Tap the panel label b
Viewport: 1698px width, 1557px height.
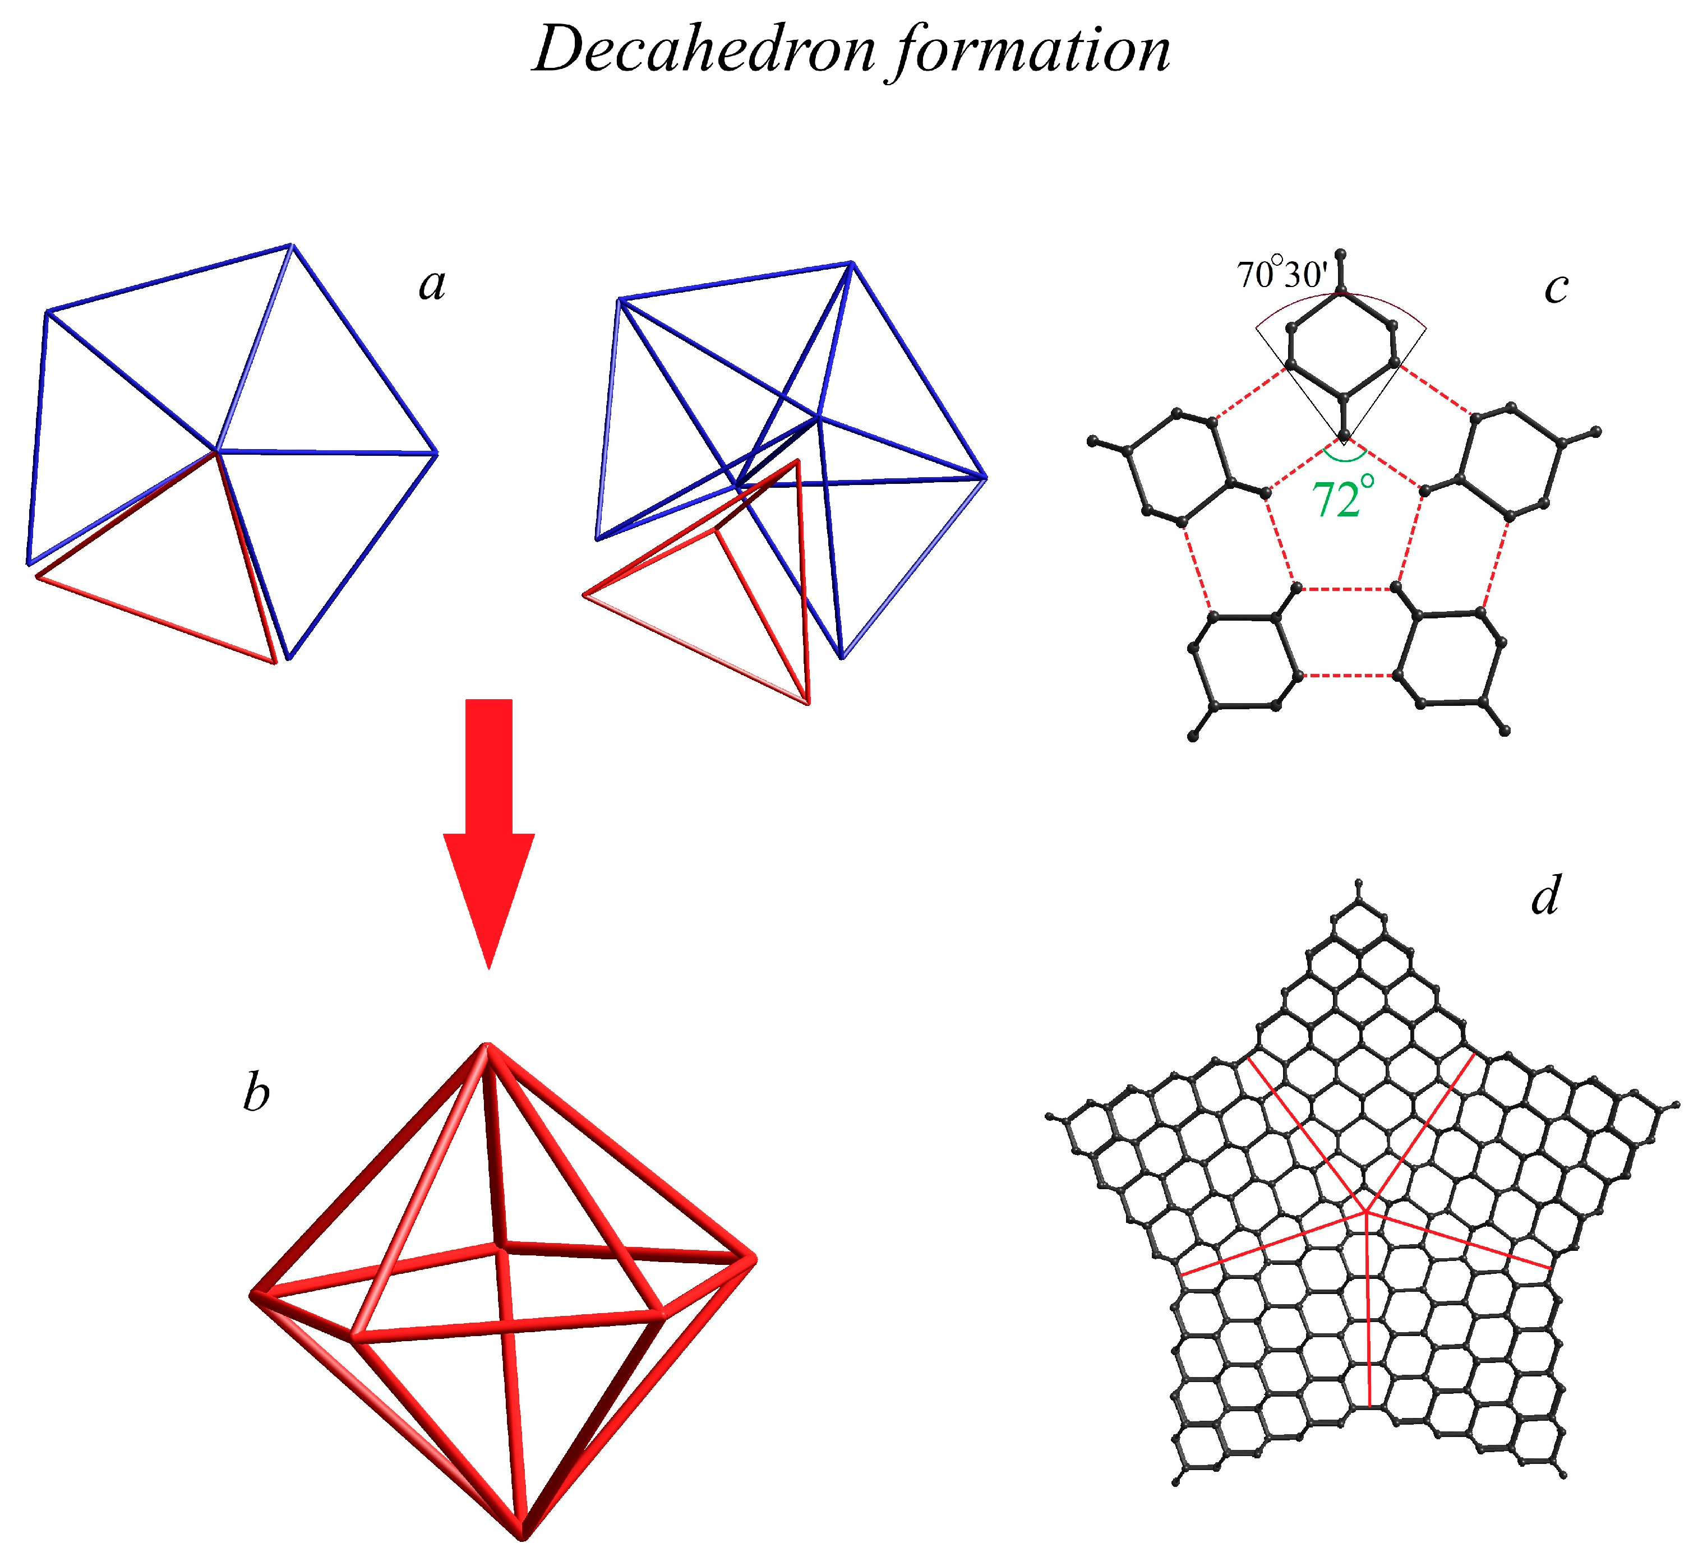[256, 1094]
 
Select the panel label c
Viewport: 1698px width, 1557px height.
[1556, 288]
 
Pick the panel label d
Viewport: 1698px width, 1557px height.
[1545, 895]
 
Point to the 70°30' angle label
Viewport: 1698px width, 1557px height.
[1282, 275]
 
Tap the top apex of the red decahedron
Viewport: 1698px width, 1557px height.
[486, 1046]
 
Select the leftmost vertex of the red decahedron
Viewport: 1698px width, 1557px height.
[253, 1294]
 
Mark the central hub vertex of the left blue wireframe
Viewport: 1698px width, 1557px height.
[218, 451]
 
